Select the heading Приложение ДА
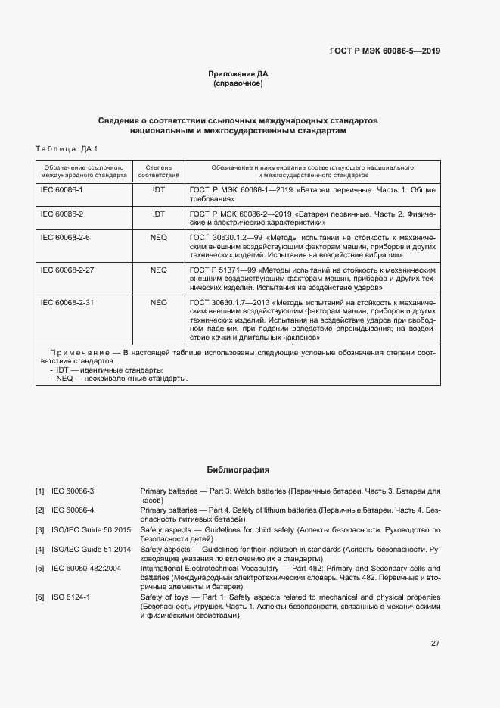[x=238, y=73]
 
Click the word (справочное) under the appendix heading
[x=238, y=83]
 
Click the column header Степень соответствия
[x=158, y=170]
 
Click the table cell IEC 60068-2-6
[x=65, y=238]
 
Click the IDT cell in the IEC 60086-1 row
[x=158, y=189]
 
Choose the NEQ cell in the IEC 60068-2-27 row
[x=158, y=270]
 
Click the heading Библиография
[x=238, y=469]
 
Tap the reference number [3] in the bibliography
[x=39, y=529]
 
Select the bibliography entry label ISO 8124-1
[x=71, y=597]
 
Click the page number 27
[x=435, y=644]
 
